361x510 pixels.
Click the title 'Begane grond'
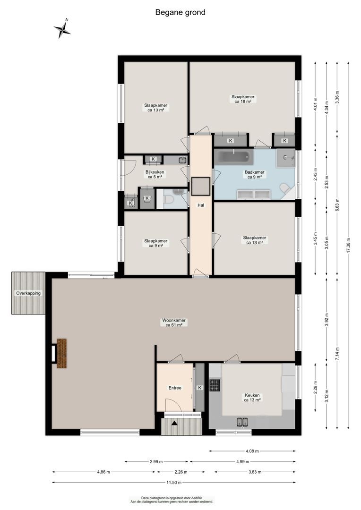(x=180, y=13)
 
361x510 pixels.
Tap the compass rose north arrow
(x=62, y=29)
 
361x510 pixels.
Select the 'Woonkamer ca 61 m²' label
(x=174, y=323)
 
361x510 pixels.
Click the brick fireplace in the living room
(x=61, y=353)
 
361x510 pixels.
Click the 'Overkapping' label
(x=28, y=293)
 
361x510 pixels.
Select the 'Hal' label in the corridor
(x=200, y=205)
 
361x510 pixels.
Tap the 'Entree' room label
(x=175, y=388)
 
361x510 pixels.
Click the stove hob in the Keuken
(x=215, y=385)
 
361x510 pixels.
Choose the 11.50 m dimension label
(x=174, y=483)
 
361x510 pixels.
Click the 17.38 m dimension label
(x=348, y=244)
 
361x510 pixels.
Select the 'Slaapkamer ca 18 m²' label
(x=243, y=99)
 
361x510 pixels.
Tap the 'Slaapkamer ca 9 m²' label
(x=155, y=243)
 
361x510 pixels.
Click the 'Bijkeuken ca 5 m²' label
(x=154, y=174)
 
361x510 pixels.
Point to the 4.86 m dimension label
(x=103, y=472)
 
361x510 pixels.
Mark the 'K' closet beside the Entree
(x=199, y=388)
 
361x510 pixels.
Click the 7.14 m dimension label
(x=337, y=353)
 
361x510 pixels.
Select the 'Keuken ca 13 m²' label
(x=252, y=398)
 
